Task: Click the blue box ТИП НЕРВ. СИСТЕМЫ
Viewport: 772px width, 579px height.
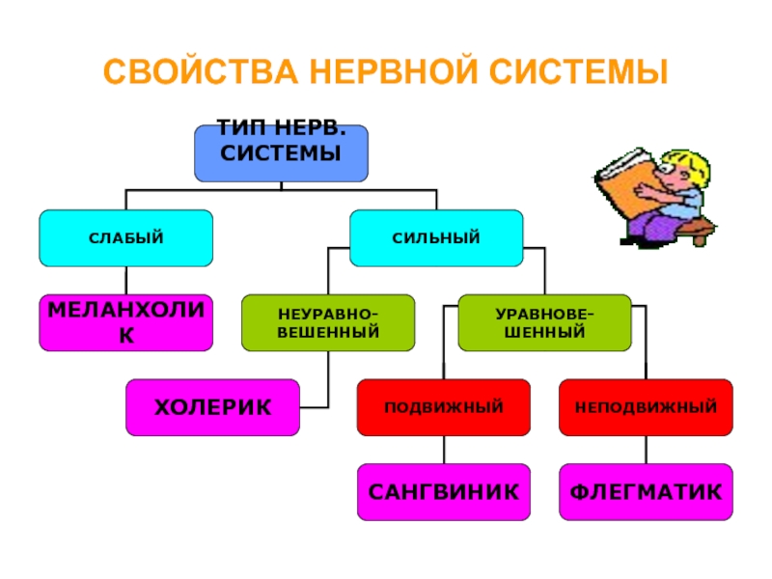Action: click(x=281, y=152)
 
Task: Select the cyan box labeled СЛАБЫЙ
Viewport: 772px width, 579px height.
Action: click(x=125, y=237)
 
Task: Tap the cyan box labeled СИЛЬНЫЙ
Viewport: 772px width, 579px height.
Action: click(x=435, y=237)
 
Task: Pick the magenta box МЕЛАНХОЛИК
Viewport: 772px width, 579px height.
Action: click(x=125, y=323)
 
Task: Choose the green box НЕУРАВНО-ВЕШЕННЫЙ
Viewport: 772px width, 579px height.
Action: click(x=328, y=323)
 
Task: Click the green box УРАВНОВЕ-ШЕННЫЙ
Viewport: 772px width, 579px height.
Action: click(x=544, y=323)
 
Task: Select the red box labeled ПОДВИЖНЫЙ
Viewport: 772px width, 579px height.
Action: click(x=444, y=406)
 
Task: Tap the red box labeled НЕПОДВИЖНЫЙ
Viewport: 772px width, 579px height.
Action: click(x=646, y=406)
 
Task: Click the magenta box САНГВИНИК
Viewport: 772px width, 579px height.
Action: click(x=444, y=492)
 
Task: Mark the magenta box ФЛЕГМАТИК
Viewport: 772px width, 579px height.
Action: click(x=646, y=492)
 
